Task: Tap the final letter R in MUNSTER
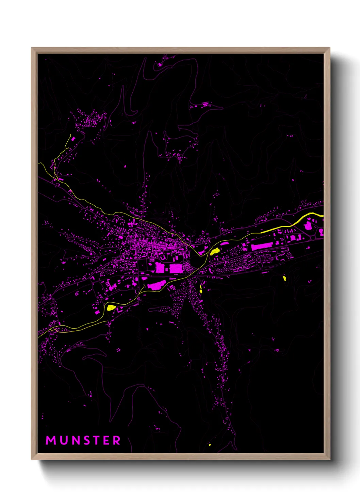[116, 440]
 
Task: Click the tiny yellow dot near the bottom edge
[210, 445]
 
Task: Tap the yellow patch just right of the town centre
[214, 252]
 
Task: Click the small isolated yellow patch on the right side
[284, 279]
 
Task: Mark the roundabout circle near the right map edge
[313, 237]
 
